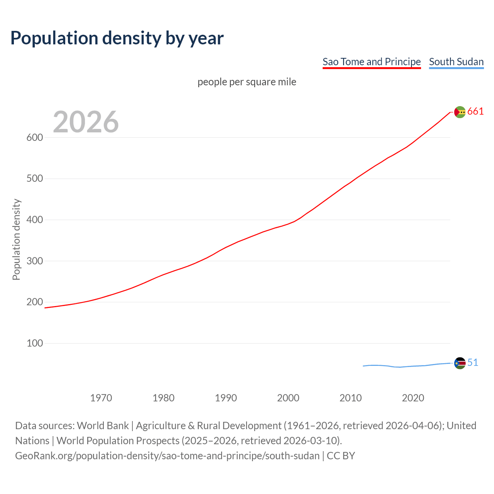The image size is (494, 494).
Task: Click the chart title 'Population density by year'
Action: pos(117,38)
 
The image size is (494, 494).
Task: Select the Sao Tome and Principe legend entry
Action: pos(371,62)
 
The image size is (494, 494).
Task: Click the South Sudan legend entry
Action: pos(456,62)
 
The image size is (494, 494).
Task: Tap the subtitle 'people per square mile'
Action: pos(247,82)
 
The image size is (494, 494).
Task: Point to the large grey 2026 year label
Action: pos(86,122)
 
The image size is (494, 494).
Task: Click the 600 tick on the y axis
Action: pos(35,138)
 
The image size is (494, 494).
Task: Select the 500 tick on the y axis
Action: pos(35,179)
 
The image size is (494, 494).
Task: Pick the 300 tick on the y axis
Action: pos(35,261)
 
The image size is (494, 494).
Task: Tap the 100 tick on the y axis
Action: pos(35,343)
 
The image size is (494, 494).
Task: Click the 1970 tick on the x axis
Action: pos(101,398)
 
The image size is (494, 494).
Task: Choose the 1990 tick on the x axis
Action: pos(226,398)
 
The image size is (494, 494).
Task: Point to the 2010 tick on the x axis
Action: pos(350,398)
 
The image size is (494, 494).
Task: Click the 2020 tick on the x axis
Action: pos(413,398)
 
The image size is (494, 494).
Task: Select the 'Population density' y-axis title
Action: pos(16,239)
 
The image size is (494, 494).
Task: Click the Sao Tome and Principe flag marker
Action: pos(460,112)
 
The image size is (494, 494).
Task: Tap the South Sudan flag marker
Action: pos(460,363)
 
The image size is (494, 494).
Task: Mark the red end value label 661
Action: pos(475,112)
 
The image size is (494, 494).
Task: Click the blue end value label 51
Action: pos(473,363)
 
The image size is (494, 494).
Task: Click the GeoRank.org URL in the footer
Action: pos(167,456)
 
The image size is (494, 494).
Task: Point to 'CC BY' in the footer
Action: pos(341,456)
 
